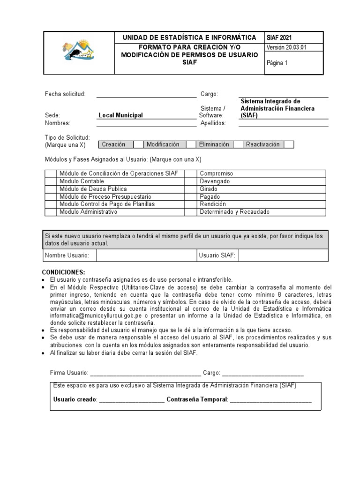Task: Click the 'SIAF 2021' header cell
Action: [x=280, y=37]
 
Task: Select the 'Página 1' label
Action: [x=277, y=64]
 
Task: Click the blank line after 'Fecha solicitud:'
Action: [x=146, y=95]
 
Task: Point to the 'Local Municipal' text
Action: [x=120, y=115]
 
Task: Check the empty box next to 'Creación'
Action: [x=138, y=144]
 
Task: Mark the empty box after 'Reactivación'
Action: [x=289, y=144]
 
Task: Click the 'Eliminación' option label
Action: [x=214, y=144]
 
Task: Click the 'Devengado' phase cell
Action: [x=215, y=181]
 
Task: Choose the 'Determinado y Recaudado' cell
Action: [x=234, y=212]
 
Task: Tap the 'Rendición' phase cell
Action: [x=213, y=204]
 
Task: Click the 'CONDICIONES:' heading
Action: [x=64, y=272]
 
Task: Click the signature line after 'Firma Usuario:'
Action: [x=145, y=373]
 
